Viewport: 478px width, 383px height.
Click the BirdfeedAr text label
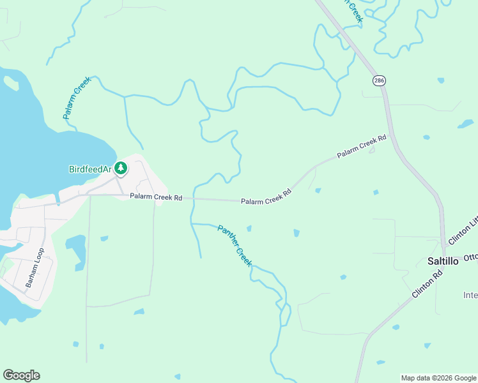point(90,169)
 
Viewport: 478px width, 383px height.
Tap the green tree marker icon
point(121,169)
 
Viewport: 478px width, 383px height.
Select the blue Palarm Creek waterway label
point(77,98)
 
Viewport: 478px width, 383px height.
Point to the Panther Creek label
point(235,246)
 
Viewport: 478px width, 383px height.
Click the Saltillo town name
point(442,261)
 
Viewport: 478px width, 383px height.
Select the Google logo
point(21,375)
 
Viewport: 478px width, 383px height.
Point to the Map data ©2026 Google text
point(438,378)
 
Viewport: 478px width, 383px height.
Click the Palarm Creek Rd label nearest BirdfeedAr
point(157,197)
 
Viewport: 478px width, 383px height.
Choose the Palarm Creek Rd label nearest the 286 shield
point(362,146)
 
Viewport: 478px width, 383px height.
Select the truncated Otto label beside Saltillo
point(470,257)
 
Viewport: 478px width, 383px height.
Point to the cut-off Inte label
point(470,295)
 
